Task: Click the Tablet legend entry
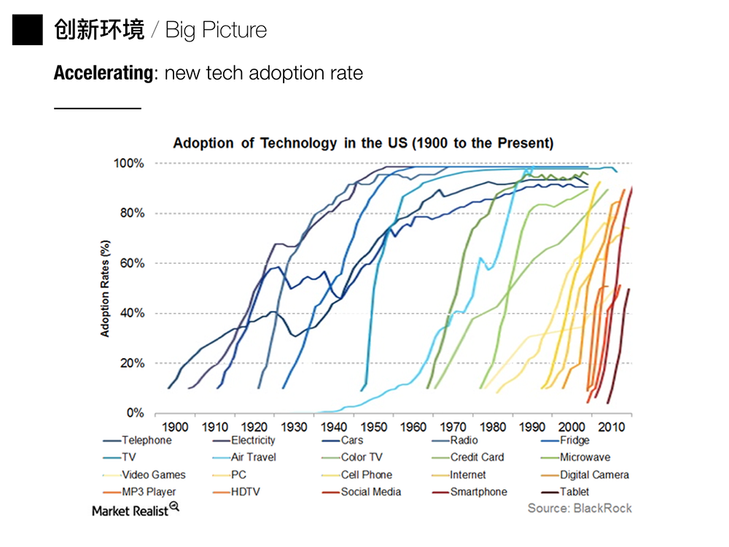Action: coord(574,492)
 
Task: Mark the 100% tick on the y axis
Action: coord(129,163)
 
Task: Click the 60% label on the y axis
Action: coord(132,263)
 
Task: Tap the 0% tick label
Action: coord(135,414)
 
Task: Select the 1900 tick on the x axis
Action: coord(175,427)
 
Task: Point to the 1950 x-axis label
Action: coord(375,427)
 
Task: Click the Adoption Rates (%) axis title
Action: coord(105,288)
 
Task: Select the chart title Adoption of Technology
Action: coord(362,143)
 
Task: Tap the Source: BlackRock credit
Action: coord(580,508)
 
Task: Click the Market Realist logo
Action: coord(136,510)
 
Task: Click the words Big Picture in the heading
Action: coord(216,30)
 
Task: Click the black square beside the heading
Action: coord(28,30)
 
